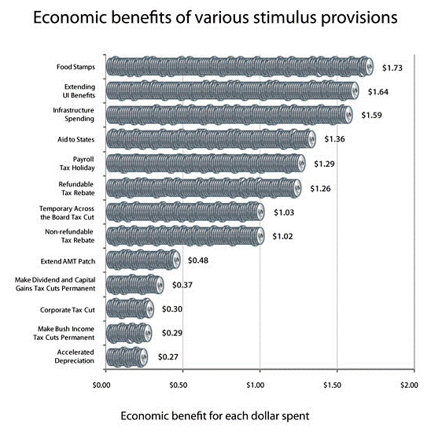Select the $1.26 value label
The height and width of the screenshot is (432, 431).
click(322, 188)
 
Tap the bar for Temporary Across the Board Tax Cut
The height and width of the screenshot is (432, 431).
click(183, 212)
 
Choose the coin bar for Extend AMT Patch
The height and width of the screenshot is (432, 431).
click(142, 260)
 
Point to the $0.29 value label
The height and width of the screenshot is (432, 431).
click(172, 333)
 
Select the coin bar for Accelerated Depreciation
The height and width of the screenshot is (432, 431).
click(126, 356)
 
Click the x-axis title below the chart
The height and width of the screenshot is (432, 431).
click(215, 415)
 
